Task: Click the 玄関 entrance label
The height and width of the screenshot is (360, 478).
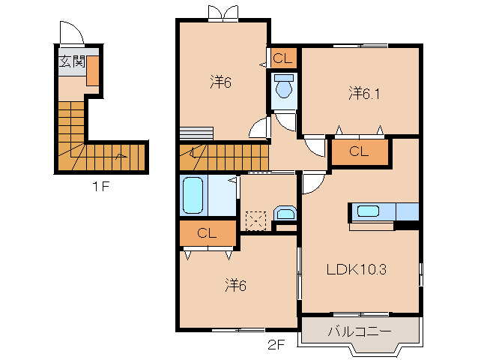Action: [72, 61]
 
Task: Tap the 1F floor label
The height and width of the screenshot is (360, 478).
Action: [101, 186]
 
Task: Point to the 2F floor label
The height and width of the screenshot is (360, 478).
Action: [276, 345]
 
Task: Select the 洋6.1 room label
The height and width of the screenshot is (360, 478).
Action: [364, 93]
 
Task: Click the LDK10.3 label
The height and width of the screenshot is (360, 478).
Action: [357, 269]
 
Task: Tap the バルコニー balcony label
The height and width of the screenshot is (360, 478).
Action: [360, 331]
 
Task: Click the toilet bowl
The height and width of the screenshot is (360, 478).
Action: [284, 85]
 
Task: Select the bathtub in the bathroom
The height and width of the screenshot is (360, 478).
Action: [193, 195]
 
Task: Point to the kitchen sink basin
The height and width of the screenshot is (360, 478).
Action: [368, 211]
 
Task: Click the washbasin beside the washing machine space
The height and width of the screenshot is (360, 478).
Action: [285, 213]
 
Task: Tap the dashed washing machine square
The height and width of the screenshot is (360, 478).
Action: [255, 221]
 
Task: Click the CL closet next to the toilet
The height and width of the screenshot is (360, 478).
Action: [283, 58]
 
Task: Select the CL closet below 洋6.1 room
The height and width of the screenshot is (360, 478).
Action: [360, 151]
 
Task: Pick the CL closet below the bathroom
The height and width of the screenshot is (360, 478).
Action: [208, 233]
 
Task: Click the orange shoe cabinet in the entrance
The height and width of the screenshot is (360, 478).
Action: [93, 70]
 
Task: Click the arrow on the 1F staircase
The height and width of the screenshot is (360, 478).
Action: [121, 157]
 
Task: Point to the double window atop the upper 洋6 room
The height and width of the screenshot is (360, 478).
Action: [223, 13]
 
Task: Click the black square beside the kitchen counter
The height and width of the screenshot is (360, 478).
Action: [407, 226]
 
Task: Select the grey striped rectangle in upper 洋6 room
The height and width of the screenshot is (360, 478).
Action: [196, 133]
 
